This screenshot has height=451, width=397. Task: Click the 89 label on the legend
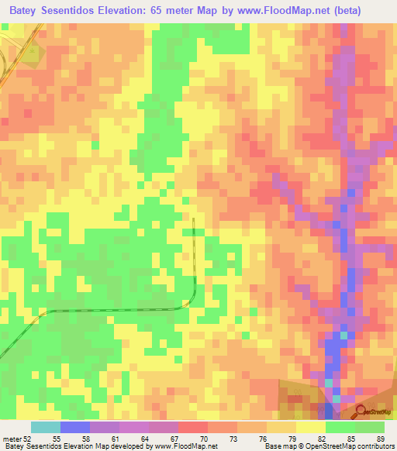coord(379,439)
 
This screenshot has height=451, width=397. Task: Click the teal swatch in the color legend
coord(46,427)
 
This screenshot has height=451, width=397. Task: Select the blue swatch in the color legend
coord(75,427)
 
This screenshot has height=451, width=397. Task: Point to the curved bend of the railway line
coord(188,304)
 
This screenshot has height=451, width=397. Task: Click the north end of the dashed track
coord(193,220)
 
